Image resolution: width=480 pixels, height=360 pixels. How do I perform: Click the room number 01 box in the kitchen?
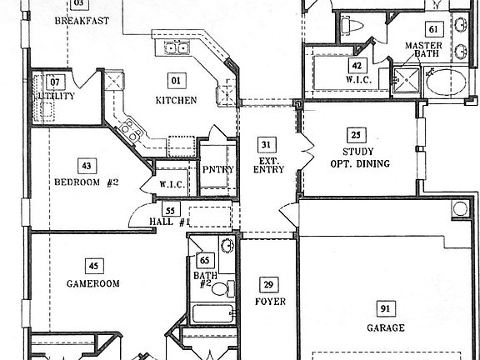tap(177, 81)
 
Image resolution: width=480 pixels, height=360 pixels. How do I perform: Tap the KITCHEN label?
tap(176, 100)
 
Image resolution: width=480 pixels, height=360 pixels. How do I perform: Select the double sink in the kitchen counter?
tap(177, 48)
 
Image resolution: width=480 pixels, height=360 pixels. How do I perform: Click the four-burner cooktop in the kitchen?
tap(131, 130)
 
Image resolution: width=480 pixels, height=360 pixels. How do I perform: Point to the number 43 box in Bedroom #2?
tap(87, 166)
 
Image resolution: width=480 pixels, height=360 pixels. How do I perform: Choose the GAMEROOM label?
tap(93, 283)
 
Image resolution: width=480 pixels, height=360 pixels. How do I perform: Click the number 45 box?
tap(94, 266)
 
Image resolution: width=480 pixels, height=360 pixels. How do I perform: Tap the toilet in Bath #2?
tap(223, 288)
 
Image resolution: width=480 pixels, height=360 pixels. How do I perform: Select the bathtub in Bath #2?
tap(212, 313)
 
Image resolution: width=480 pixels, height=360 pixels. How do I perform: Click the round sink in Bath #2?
tap(227, 246)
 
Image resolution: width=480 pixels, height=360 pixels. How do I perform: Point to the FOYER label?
tap(270, 302)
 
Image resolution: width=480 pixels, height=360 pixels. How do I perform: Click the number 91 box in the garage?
tap(386, 308)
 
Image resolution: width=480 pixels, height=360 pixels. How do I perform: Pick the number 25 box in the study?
tap(356, 135)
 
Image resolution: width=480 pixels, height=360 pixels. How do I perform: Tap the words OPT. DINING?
tap(360, 163)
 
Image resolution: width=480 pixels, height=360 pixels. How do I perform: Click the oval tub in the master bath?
tap(446, 82)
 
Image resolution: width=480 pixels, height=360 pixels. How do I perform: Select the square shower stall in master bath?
tap(407, 80)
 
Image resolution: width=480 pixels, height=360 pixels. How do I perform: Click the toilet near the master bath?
tap(352, 25)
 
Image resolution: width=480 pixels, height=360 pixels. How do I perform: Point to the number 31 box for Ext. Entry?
tap(267, 144)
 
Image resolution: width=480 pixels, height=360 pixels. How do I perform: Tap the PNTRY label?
tap(218, 169)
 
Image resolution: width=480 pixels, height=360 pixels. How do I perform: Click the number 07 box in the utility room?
tap(55, 82)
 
